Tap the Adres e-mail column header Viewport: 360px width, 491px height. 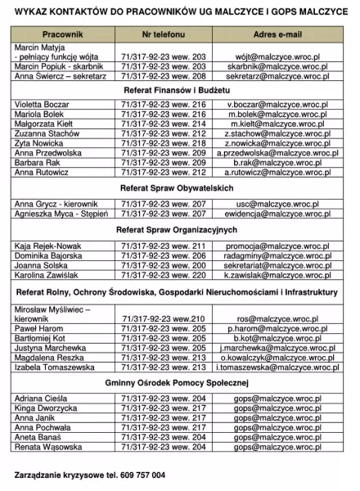pyautogui.click(x=277, y=36)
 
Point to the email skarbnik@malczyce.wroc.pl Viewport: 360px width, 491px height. pyautogui.click(x=277, y=66)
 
